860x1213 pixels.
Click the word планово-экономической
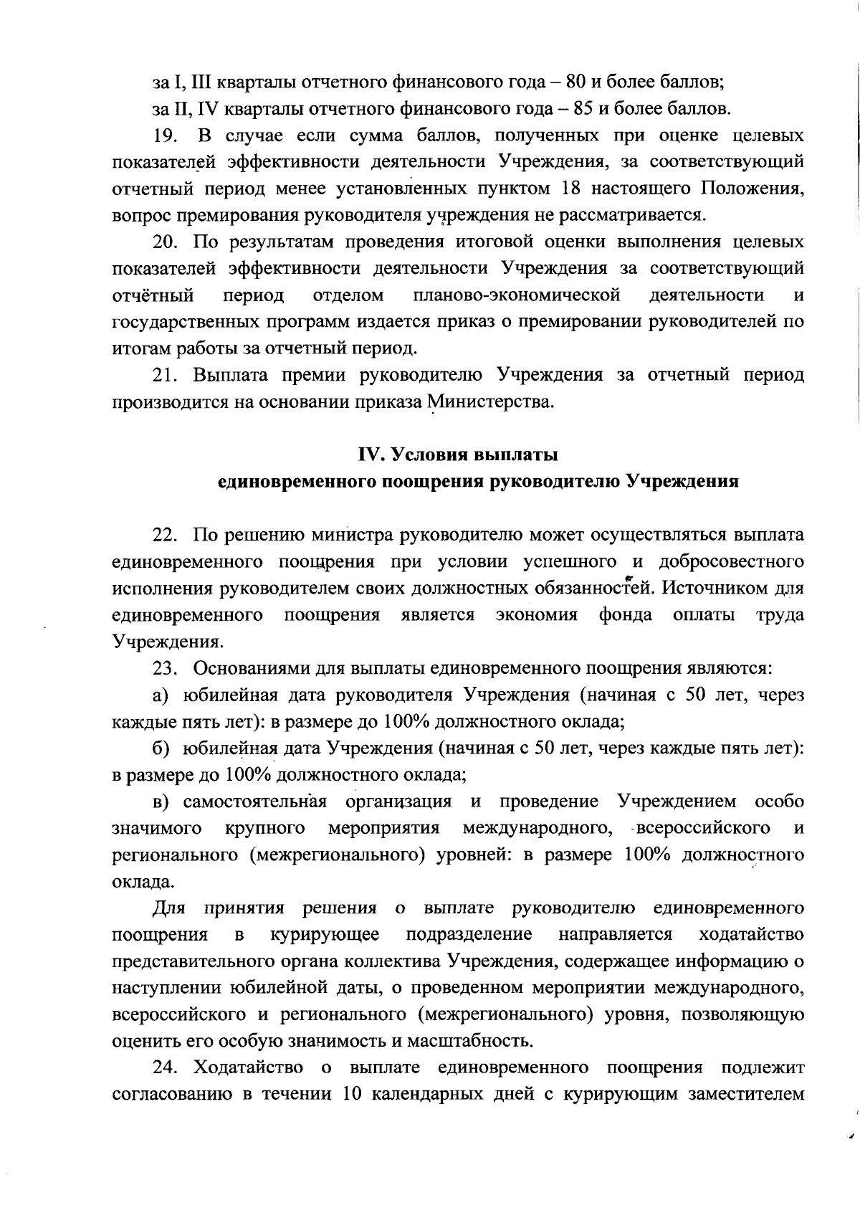pyautogui.click(x=517, y=295)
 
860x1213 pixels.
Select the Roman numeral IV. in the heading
pyautogui.click(x=373, y=455)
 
